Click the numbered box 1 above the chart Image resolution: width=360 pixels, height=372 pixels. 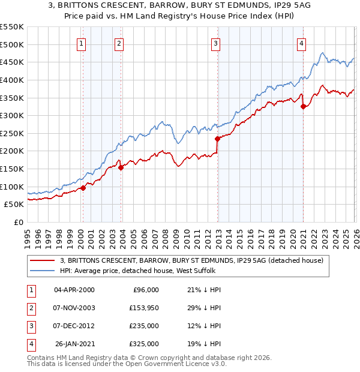(x=81, y=43)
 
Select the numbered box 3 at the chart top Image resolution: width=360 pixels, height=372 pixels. (x=215, y=43)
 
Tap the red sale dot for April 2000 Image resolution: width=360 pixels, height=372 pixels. (x=83, y=188)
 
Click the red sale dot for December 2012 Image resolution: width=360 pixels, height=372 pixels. (x=217, y=139)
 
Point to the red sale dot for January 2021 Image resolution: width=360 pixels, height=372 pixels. (x=303, y=107)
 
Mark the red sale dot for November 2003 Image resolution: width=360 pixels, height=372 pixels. (x=121, y=167)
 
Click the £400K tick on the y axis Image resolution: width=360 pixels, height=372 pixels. (x=11, y=80)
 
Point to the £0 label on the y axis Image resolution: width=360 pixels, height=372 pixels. (x=19, y=222)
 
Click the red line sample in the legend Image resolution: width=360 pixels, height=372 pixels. (x=43, y=260)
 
